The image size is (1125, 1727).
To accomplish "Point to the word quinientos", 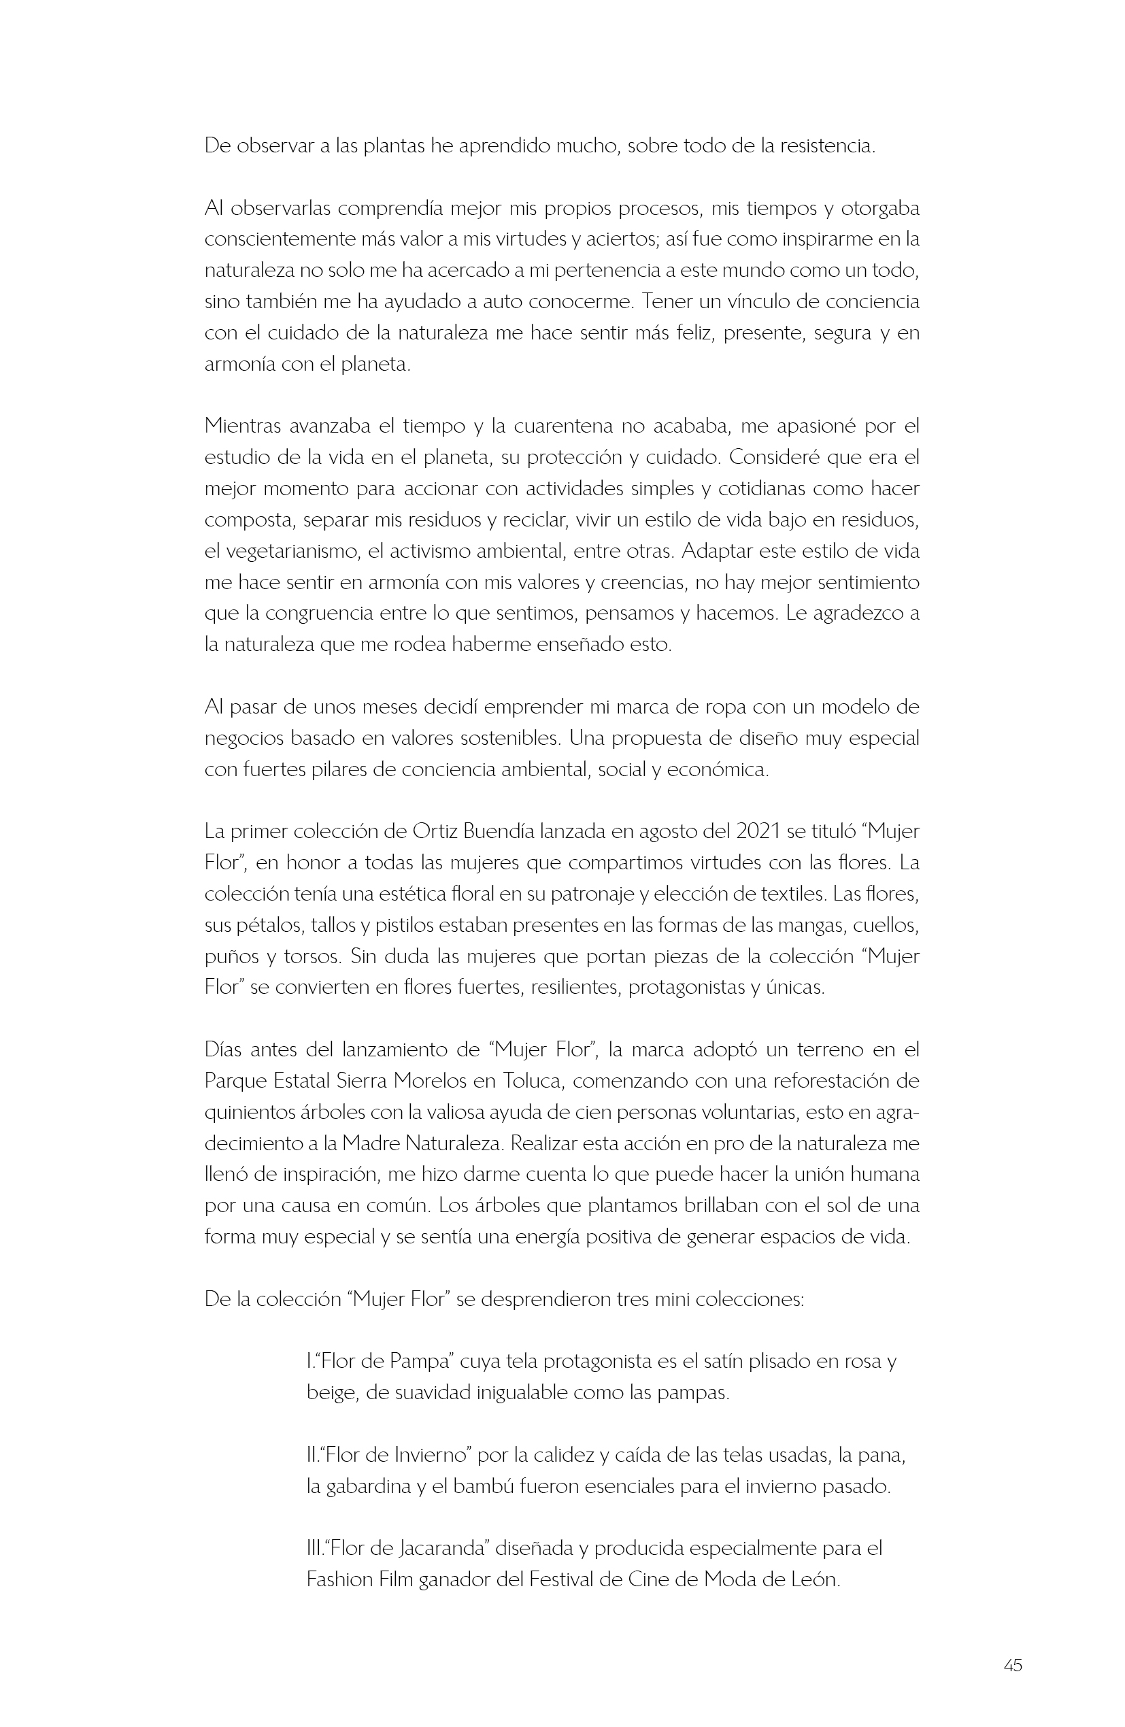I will click(248, 1112).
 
